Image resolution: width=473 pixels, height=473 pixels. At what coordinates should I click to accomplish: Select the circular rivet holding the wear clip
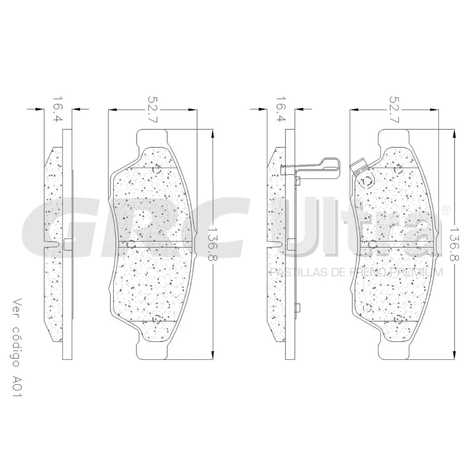click(x=367, y=181)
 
